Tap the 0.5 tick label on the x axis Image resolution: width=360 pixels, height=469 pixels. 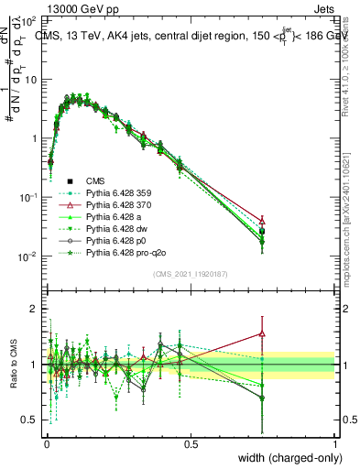(x=191, y=442)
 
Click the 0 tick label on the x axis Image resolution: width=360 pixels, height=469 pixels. (x=46, y=442)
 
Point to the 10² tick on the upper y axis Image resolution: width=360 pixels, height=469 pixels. (x=29, y=19)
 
